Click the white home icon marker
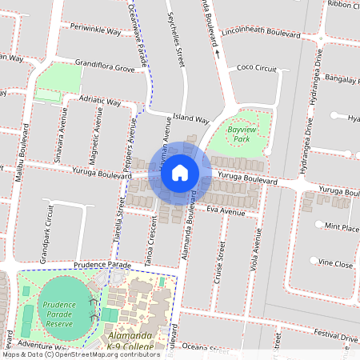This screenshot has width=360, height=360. (180, 172)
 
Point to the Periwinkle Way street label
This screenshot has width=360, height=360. (95, 31)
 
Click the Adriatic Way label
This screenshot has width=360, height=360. (101, 101)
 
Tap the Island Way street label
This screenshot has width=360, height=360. (190, 117)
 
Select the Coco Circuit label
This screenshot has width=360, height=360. (258, 69)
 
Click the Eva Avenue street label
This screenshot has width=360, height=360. (226, 211)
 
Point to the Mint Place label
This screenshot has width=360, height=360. (342, 226)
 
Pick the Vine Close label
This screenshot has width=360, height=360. (335, 263)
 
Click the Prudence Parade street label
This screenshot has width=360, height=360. (102, 265)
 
